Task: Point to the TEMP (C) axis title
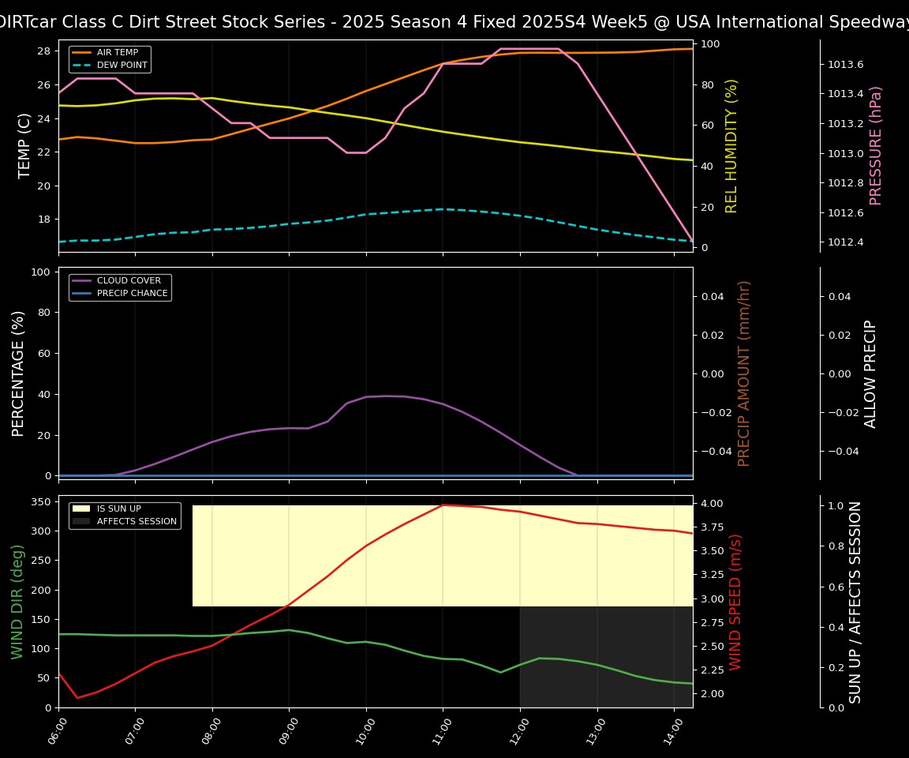(24, 145)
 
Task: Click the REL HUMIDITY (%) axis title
(731, 145)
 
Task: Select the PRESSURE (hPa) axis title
(876, 145)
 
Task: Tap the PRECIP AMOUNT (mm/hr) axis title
(744, 373)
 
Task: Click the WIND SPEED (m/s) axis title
(735, 602)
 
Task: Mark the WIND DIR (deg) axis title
(17, 602)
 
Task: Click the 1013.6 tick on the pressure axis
(844, 64)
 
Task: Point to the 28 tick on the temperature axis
(44, 51)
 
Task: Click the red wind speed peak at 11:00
(443, 505)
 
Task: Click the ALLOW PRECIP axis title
(870, 373)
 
